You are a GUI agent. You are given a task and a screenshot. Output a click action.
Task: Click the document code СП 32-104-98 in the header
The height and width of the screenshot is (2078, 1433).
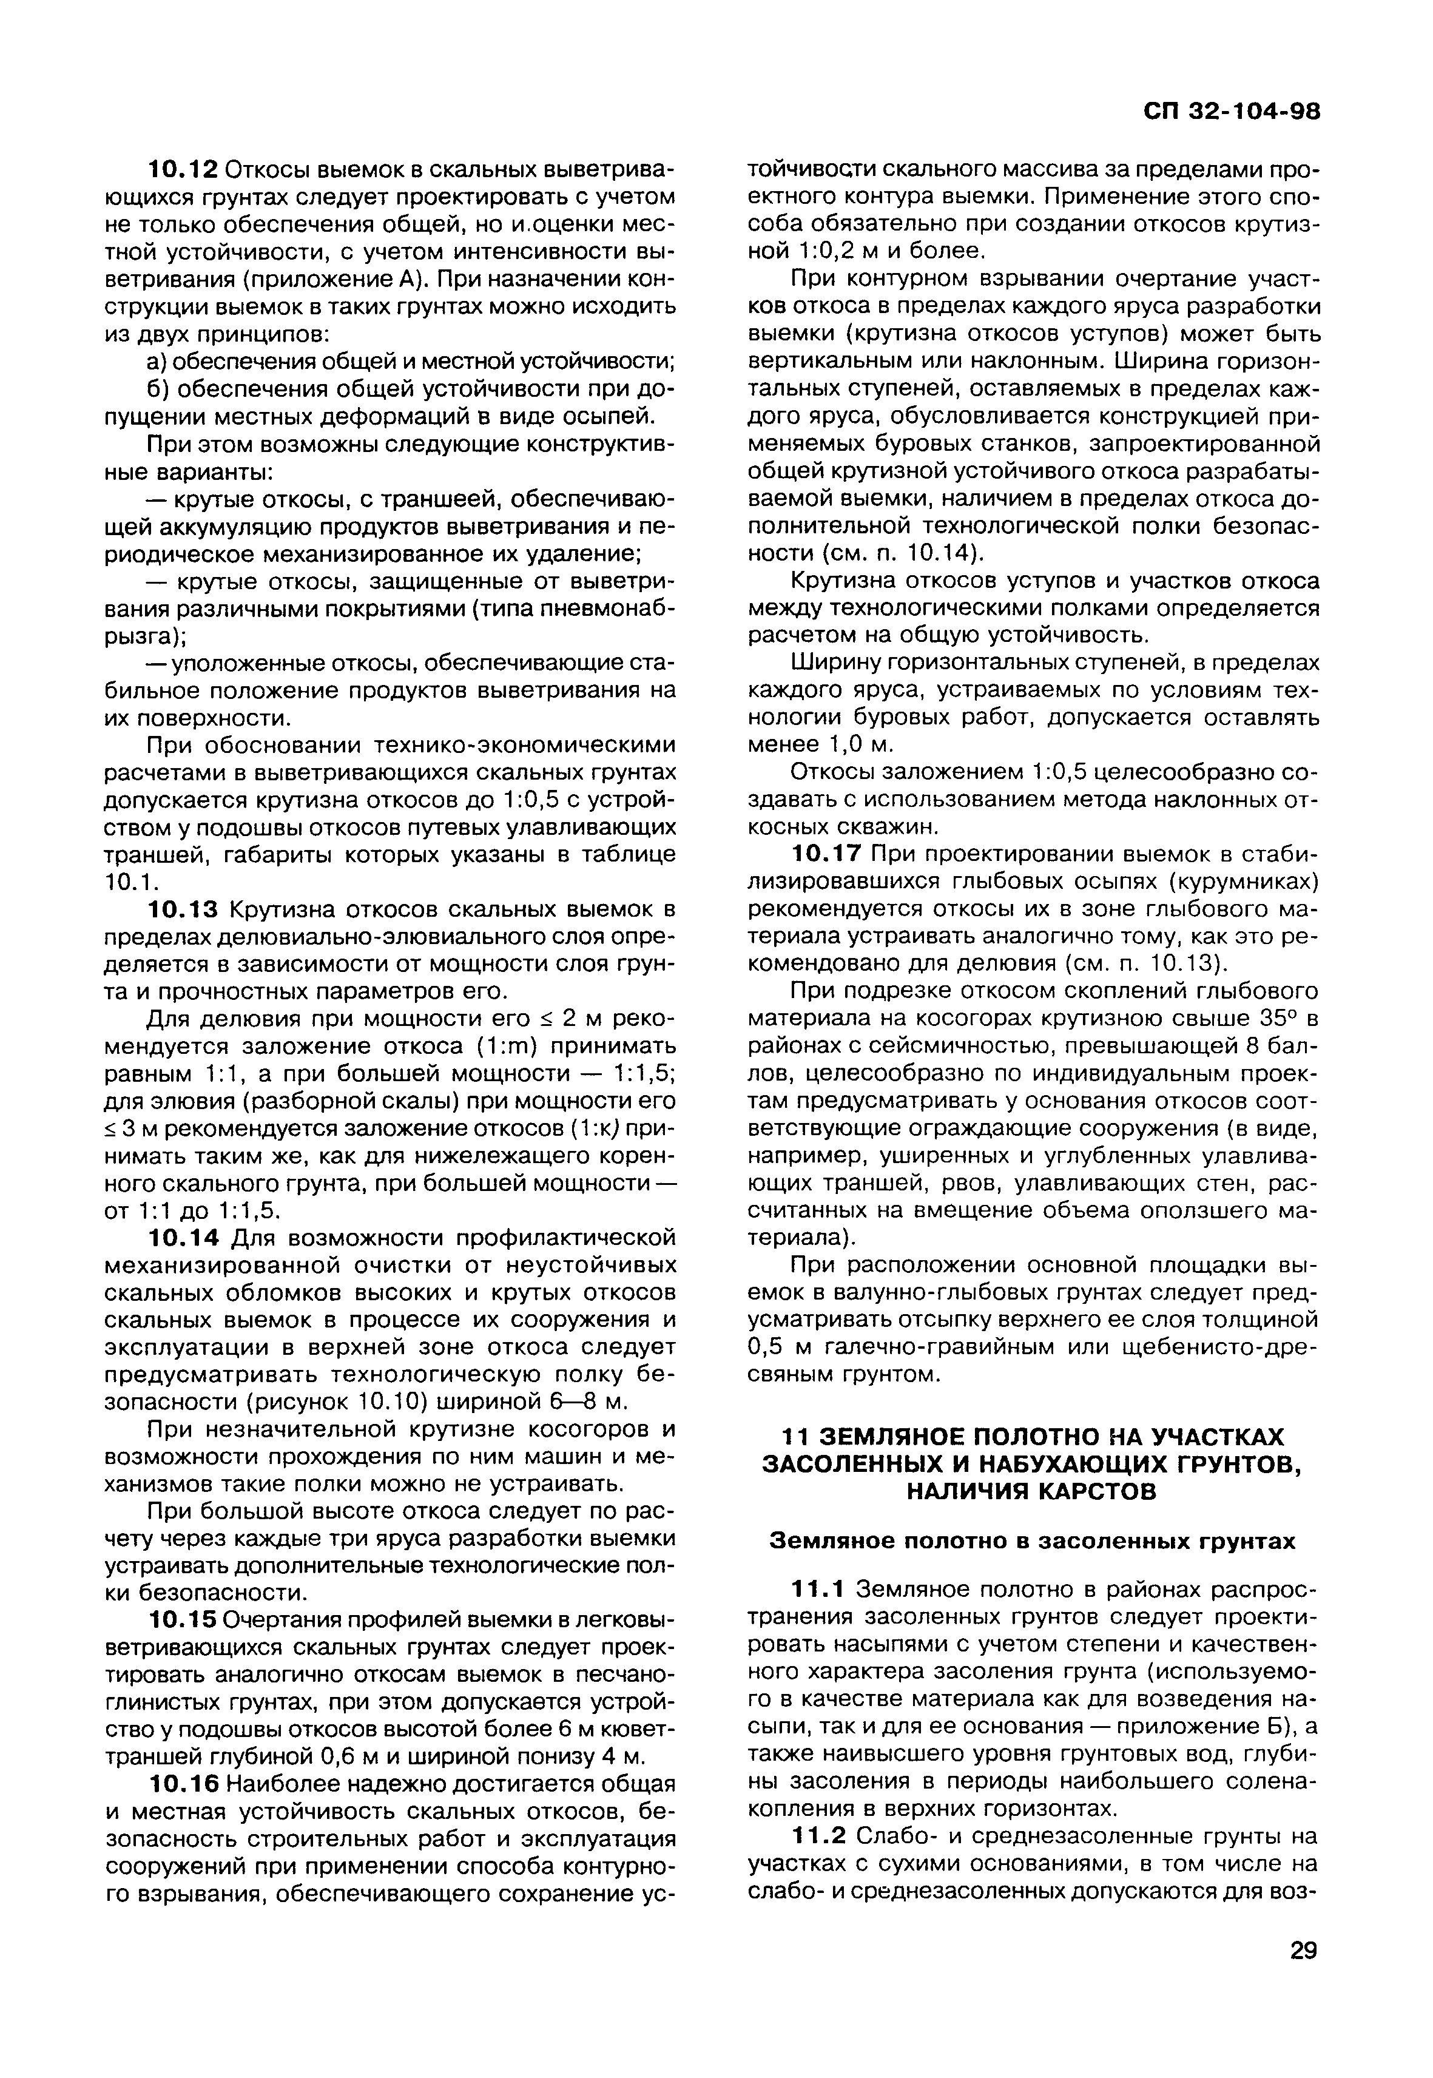point(1231,112)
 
